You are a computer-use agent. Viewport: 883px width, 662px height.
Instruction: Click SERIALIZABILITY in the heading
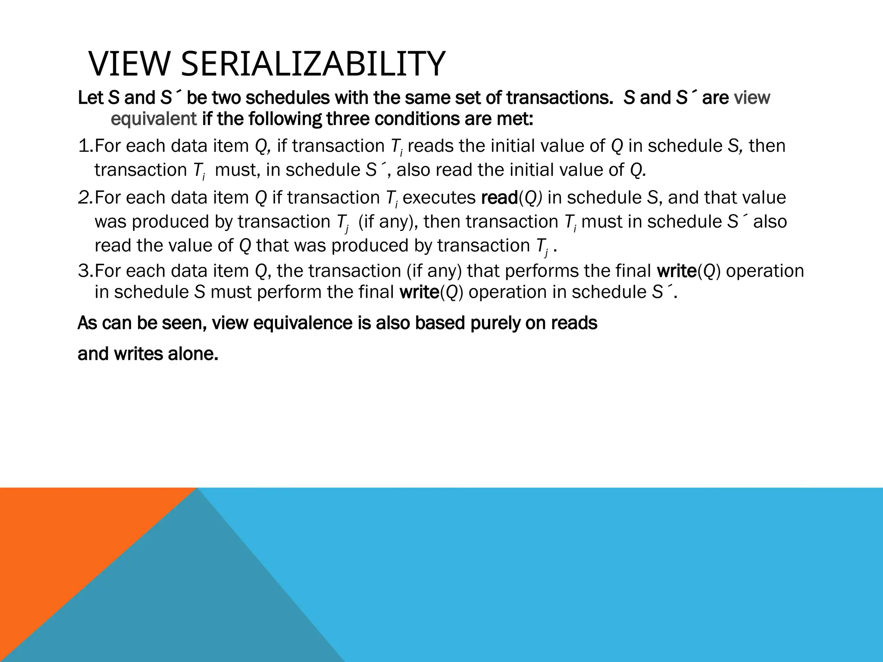(313, 64)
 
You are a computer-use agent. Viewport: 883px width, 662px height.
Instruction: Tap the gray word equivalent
(153, 119)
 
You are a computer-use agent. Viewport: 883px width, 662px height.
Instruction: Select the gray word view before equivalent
(751, 97)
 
